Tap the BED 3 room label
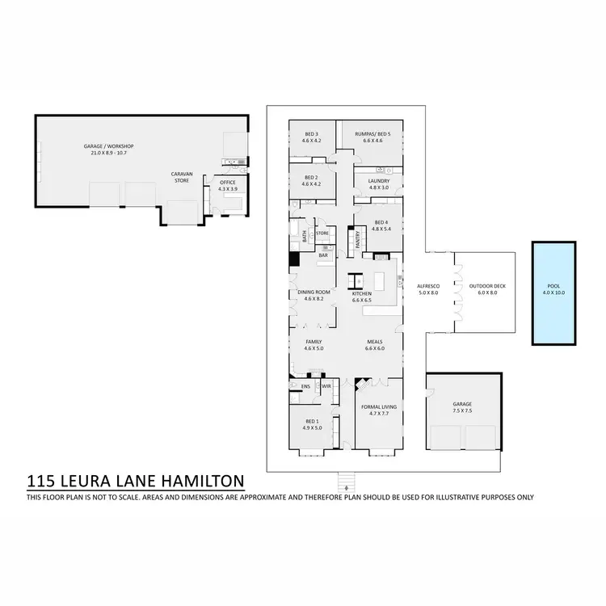click(x=312, y=134)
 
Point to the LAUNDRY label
click(x=379, y=181)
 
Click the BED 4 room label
click(x=381, y=222)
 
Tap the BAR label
click(x=323, y=255)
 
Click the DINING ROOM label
click(x=314, y=292)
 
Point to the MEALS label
click(x=375, y=343)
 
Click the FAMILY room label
click(x=314, y=343)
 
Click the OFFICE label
click(x=227, y=183)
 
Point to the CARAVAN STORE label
click(x=180, y=177)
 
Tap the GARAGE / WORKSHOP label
click(x=108, y=146)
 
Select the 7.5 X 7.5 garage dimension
click(x=463, y=410)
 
